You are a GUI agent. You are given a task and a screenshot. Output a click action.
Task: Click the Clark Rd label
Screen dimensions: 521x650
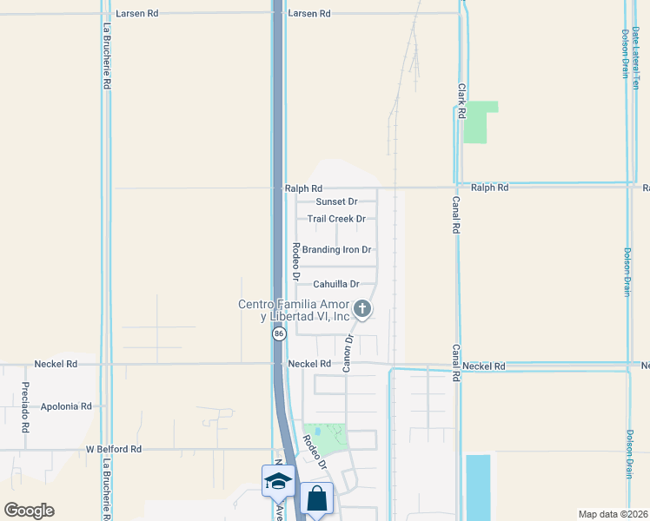(462, 101)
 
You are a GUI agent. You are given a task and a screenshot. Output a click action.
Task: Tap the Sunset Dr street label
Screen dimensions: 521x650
(336, 201)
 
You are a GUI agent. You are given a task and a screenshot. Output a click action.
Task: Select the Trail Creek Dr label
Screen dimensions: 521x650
(336, 219)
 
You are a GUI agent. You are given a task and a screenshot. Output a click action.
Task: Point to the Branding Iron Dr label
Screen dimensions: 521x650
(336, 249)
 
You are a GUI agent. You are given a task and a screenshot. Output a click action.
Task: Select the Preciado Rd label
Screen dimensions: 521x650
(25, 407)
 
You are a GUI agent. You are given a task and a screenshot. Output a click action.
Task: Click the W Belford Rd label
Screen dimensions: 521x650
(113, 449)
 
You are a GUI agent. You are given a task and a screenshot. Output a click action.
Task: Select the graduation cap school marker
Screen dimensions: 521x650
(278, 481)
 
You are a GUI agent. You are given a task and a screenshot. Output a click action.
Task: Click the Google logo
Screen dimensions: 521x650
(29, 511)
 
